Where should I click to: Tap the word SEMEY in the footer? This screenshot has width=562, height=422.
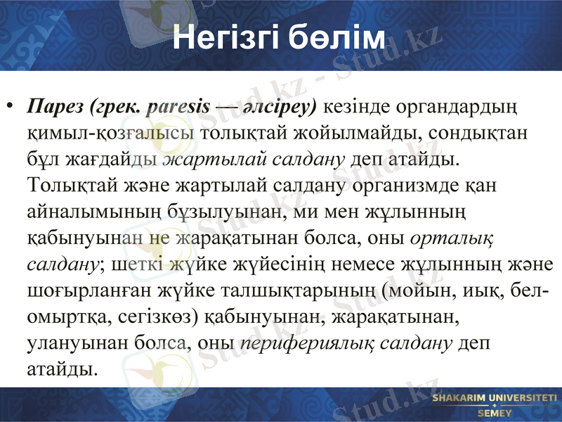coord(495,414)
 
